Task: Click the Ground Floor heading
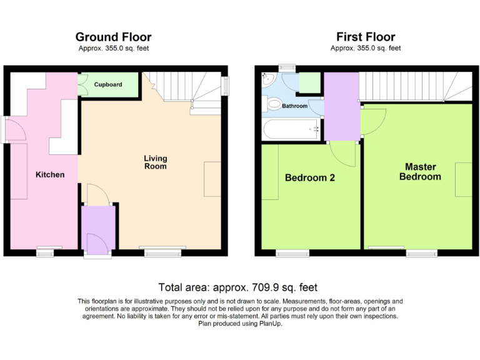(x=113, y=37)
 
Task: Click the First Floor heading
(x=366, y=37)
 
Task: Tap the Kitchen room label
(x=49, y=174)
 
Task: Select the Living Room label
(x=156, y=162)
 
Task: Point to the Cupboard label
(x=108, y=84)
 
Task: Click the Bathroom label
(x=294, y=106)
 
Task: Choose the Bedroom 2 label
(x=309, y=177)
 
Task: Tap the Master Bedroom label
(x=420, y=172)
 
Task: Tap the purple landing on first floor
(x=341, y=106)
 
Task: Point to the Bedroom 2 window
(x=292, y=253)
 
